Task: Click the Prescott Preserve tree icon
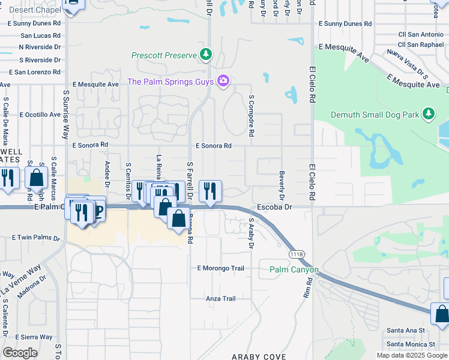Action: click(206, 55)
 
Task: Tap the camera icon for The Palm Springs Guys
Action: click(223, 80)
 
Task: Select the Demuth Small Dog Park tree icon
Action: click(428, 113)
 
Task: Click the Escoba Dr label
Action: click(274, 207)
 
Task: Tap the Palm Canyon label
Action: click(294, 270)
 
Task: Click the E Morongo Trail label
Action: click(220, 268)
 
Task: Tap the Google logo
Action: click(20, 353)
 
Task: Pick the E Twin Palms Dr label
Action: click(36, 238)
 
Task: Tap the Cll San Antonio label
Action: click(420, 34)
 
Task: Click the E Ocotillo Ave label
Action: click(40, 114)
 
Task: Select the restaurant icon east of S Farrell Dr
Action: click(210, 191)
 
